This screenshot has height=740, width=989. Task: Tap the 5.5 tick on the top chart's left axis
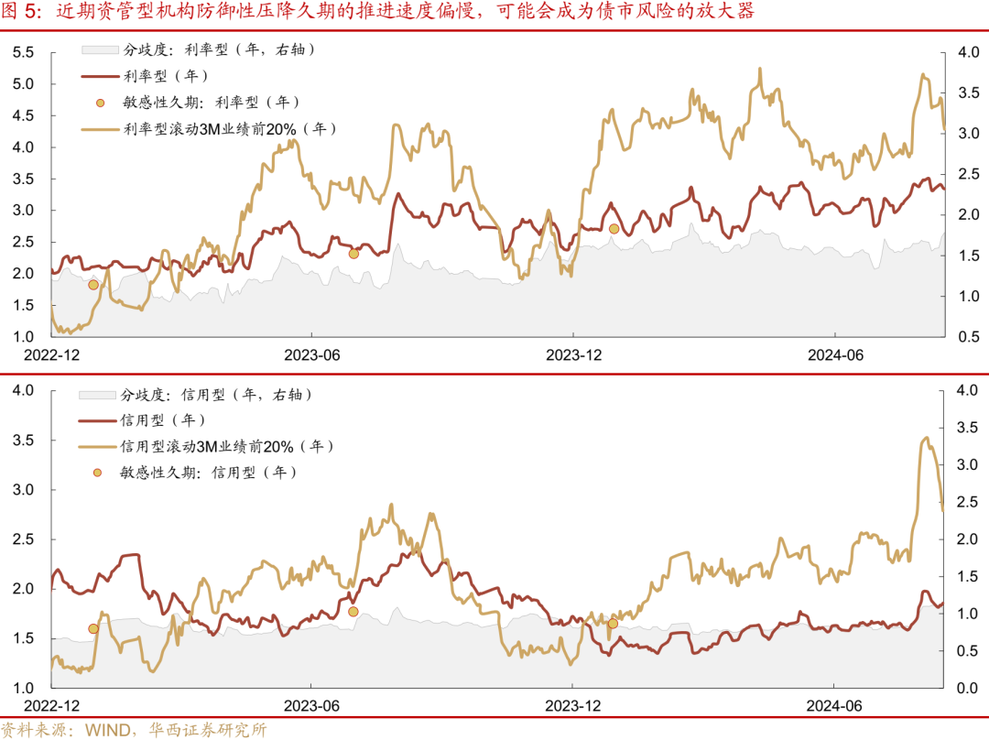(x=23, y=53)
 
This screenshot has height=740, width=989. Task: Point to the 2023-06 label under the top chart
(x=311, y=354)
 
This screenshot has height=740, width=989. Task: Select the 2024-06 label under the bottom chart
(x=833, y=706)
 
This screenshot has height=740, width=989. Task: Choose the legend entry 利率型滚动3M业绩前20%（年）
(x=228, y=129)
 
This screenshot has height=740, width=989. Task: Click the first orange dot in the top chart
(x=93, y=285)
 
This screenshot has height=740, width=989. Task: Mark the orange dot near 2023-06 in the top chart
(x=353, y=254)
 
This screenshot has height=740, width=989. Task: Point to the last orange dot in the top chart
(x=614, y=229)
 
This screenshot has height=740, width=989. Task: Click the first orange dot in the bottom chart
(x=93, y=628)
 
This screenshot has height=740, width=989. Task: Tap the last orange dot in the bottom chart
(x=613, y=624)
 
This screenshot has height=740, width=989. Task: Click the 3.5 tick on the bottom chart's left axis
(x=23, y=441)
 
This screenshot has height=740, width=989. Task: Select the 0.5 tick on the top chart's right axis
(x=969, y=337)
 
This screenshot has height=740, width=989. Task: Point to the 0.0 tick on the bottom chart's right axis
(x=969, y=688)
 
